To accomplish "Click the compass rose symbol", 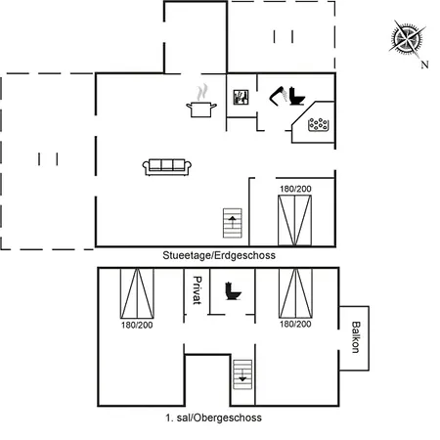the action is tap(407, 38).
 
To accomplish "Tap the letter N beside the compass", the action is tap(424, 65).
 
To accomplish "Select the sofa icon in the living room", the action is tap(167, 167).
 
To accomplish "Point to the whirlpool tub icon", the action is tap(319, 124).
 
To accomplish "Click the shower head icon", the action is tap(278, 96).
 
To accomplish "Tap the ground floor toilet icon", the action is tap(296, 96).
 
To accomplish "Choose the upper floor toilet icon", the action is tap(234, 291).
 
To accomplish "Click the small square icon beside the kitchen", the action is tap(241, 97).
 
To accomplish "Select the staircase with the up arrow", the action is tap(233, 223).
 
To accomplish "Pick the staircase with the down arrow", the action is tap(242, 374).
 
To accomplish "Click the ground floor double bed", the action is tap(294, 220).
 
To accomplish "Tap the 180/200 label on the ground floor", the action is tap(295, 189).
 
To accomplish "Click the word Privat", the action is tap(197, 290).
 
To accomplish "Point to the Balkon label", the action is tap(356, 337).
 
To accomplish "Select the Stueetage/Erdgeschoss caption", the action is tap(219, 255).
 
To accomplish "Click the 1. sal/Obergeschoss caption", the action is tap(213, 418).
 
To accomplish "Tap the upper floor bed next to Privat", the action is tap(137, 293).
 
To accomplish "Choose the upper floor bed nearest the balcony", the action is tap(295, 293).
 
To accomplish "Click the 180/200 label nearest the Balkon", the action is tap(295, 324).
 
